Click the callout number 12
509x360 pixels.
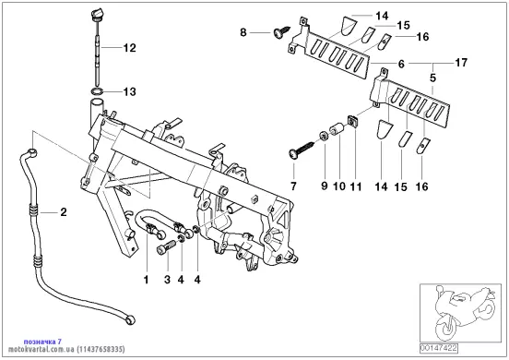click(x=129, y=48)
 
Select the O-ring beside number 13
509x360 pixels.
click(x=97, y=91)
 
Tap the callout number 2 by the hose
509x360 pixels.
click(x=64, y=212)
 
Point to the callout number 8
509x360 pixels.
click(x=243, y=32)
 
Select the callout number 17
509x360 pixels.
click(x=461, y=62)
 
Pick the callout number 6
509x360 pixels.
click(x=401, y=64)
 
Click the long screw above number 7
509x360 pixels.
click(x=302, y=148)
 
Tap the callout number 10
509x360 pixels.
click(x=339, y=186)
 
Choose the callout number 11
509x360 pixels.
click(x=356, y=186)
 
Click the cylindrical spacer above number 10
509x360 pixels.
click(x=337, y=128)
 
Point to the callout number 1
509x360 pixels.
click(x=146, y=280)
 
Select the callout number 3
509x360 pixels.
click(x=167, y=280)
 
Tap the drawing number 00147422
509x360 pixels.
click(x=439, y=348)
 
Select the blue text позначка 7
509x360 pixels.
click(x=42, y=342)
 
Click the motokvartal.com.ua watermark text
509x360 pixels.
click(x=41, y=349)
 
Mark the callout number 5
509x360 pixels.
click(x=432, y=78)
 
